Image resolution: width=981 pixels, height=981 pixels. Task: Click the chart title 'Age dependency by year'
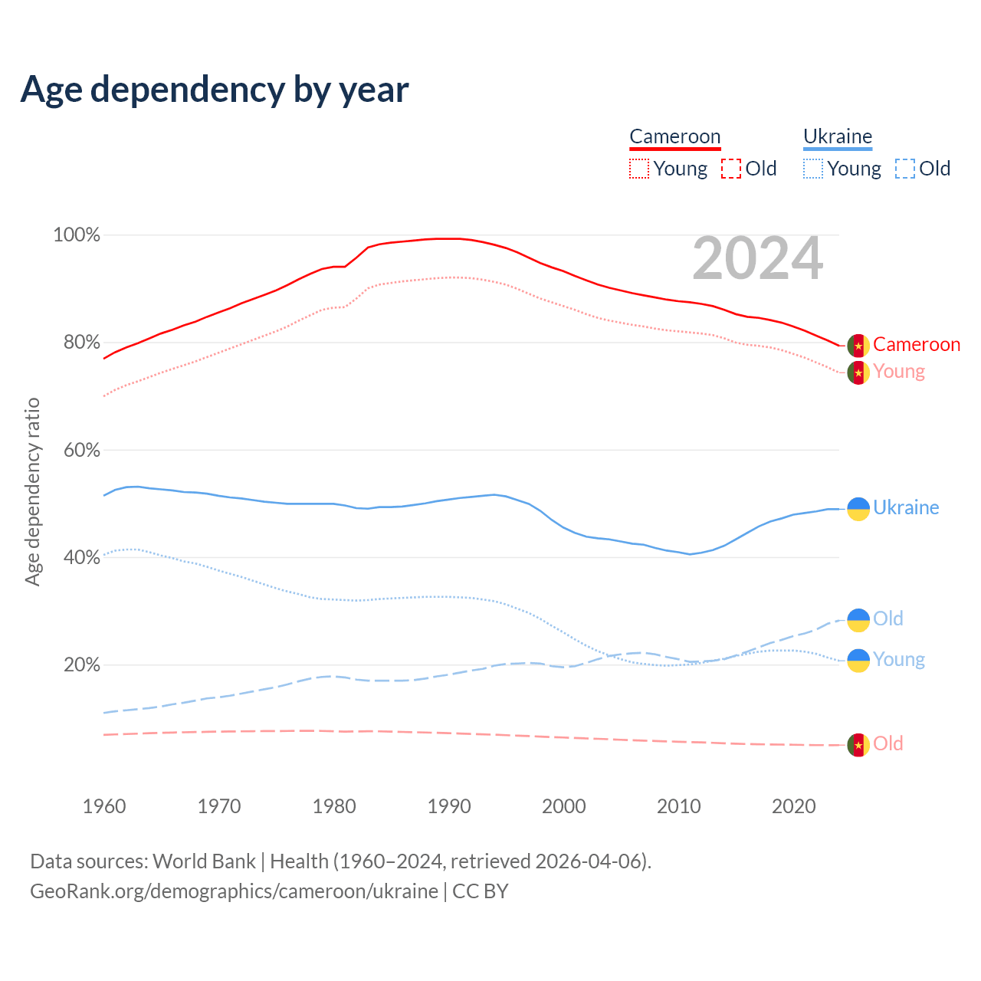point(215,90)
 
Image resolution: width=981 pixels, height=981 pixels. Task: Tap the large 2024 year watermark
point(757,259)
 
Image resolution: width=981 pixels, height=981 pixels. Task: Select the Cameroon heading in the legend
point(675,136)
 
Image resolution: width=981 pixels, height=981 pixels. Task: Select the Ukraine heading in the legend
point(838,136)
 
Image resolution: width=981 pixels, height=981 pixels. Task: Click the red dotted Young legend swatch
point(638,169)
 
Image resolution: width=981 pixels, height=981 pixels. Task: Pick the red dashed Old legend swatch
point(731,169)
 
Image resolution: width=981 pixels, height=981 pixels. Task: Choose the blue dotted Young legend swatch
point(813,169)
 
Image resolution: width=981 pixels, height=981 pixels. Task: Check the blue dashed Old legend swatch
point(905,169)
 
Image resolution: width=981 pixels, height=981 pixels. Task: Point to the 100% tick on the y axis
point(77,235)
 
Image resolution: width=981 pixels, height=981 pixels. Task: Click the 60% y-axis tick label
point(81,450)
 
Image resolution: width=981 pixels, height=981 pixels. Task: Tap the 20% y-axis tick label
point(81,664)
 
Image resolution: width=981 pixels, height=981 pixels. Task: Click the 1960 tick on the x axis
point(104,806)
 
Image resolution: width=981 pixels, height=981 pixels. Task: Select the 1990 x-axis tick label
point(449,806)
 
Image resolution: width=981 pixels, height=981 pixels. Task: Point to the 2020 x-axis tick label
point(794,806)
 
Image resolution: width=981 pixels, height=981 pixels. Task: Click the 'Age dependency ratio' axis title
point(32,491)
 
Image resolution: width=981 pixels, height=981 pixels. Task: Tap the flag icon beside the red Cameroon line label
point(858,346)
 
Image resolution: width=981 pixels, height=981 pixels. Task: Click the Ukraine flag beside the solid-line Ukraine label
point(858,509)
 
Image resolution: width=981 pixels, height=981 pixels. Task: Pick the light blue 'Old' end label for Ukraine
point(888,618)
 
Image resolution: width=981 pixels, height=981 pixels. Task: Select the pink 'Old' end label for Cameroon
point(888,743)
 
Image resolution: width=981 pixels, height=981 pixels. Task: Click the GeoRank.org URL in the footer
point(234,891)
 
